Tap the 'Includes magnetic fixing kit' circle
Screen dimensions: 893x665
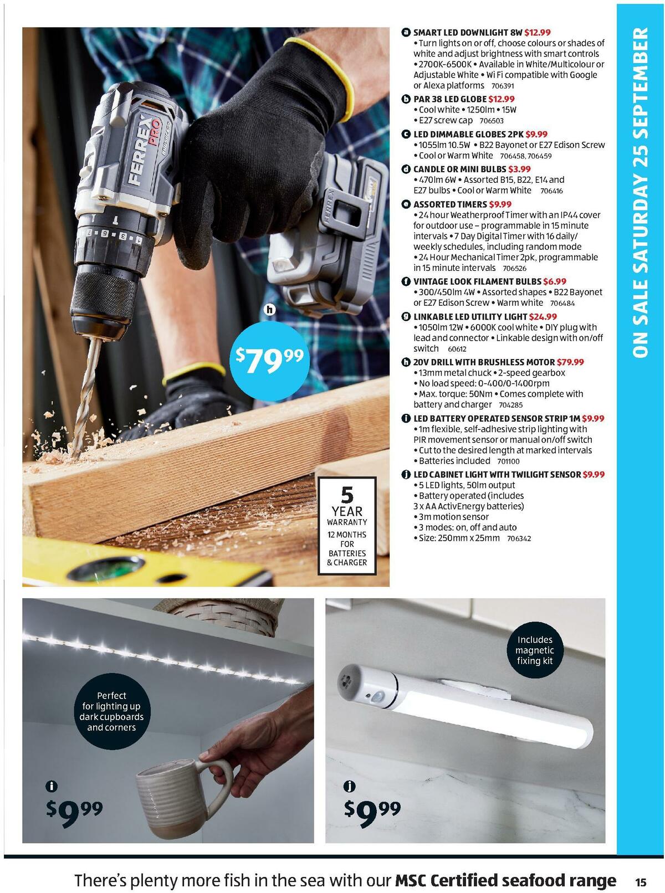tap(534, 650)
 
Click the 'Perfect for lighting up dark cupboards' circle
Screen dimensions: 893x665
tap(111, 711)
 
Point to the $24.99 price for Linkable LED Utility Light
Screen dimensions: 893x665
tap(543, 317)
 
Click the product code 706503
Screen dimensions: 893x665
tap(491, 121)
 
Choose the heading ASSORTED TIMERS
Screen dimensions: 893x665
tap(449, 204)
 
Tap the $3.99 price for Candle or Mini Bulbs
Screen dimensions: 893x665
tap(519, 169)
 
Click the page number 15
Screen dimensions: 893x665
tap(641, 882)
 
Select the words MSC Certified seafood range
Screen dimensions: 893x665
tap(505, 881)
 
